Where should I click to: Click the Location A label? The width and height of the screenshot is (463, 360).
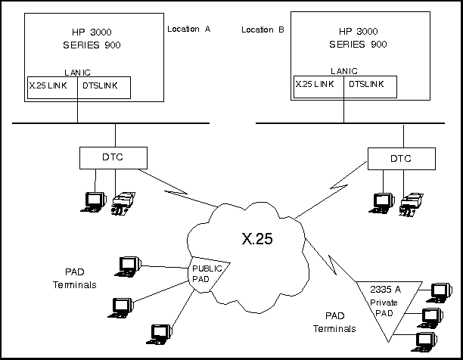(x=188, y=29)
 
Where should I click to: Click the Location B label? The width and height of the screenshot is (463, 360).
(x=263, y=29)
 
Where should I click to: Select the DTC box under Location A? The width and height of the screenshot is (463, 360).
(x=105, y=157)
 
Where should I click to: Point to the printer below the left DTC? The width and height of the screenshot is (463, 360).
(x=123, y=203)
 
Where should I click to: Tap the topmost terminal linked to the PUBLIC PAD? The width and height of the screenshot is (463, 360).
(x=129, y=265)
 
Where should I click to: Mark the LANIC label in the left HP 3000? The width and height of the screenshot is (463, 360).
(x=77, y=72)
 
